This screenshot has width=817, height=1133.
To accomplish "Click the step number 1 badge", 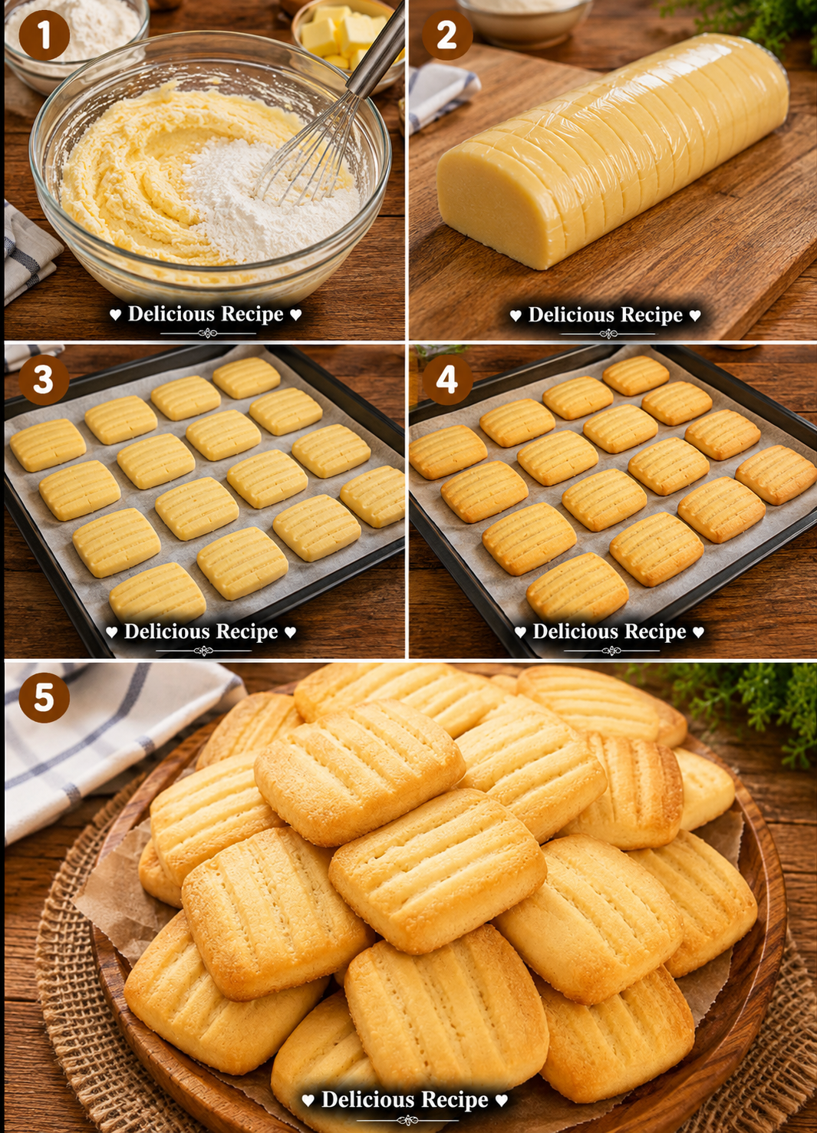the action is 44,35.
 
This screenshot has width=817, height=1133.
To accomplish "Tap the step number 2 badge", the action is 447,35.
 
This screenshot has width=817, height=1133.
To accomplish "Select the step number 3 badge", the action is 44,380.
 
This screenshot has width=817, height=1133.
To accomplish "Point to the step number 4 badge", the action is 447,380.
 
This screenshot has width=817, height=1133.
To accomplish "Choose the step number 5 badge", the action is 44,697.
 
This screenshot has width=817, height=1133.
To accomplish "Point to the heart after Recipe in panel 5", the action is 502,1100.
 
